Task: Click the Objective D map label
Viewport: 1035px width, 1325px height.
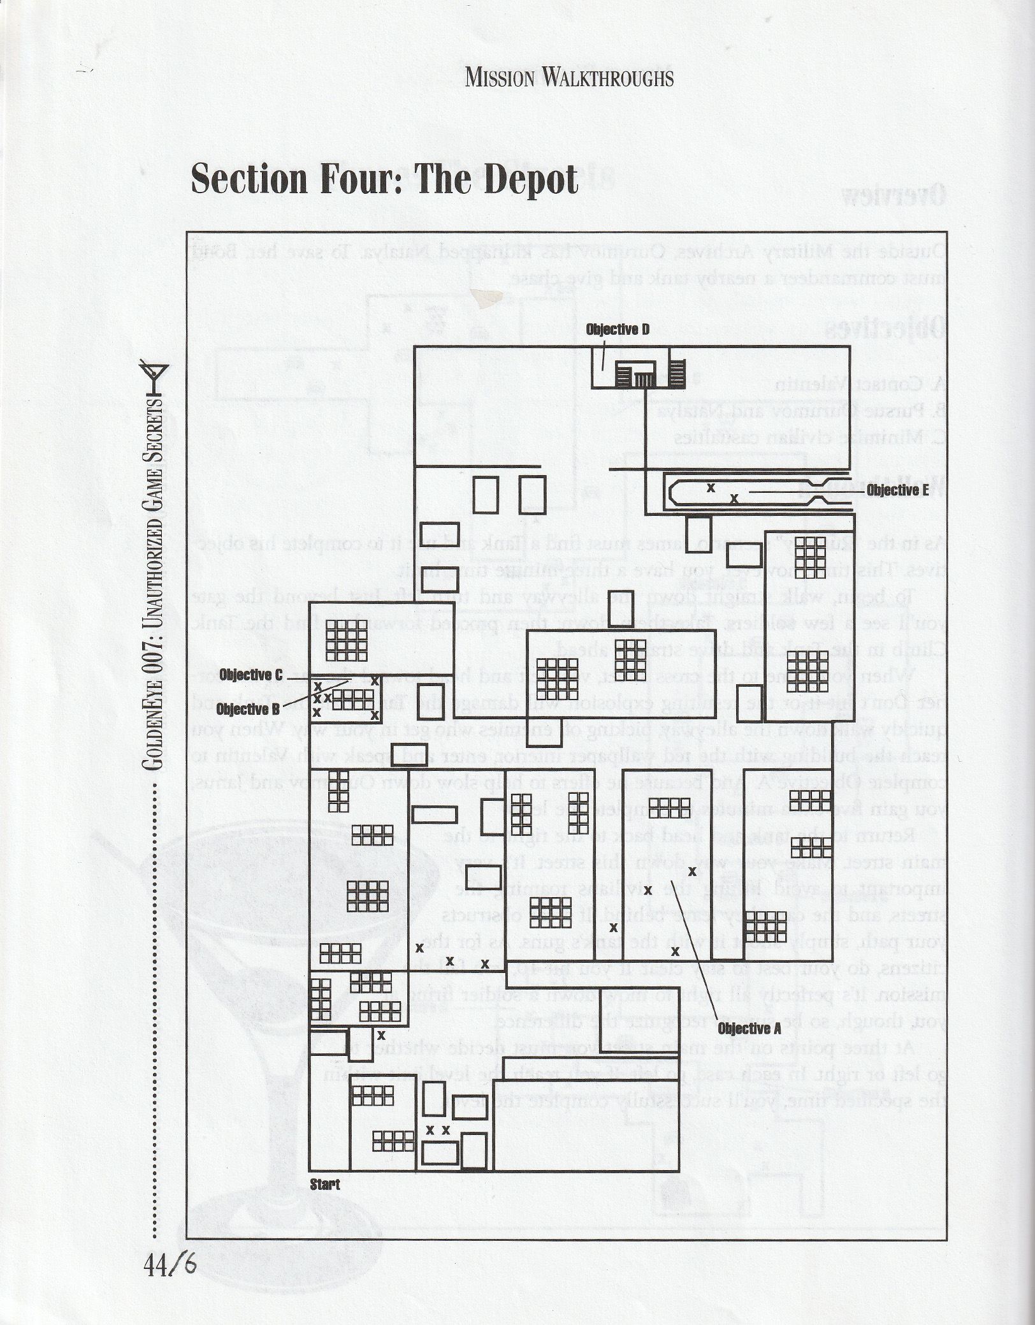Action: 618,330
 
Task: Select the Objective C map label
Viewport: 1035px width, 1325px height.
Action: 250,675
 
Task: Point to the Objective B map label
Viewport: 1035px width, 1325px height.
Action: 248,709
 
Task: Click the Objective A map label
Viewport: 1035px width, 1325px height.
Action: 749,1029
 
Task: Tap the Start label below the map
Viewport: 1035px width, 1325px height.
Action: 325,1185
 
